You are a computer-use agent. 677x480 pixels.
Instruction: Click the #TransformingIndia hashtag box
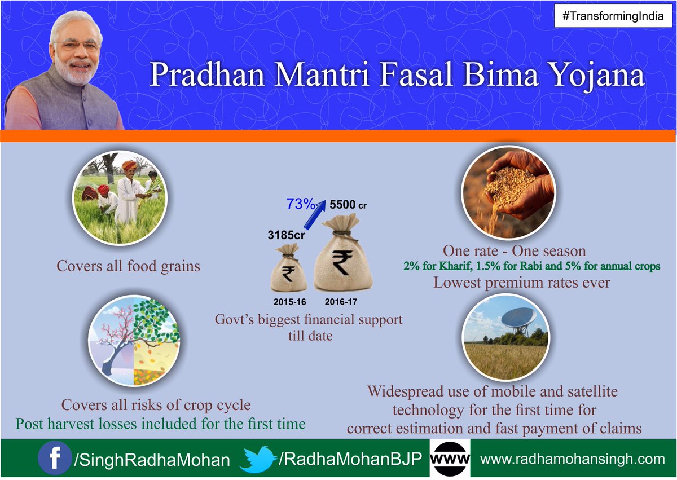point(613,16)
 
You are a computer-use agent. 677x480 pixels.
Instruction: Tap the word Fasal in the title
point(416,74)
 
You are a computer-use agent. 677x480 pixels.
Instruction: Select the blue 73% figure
point(300,204)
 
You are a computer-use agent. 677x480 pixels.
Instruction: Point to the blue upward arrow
point(315,214)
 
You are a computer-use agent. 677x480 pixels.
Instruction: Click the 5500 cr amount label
point(348,205)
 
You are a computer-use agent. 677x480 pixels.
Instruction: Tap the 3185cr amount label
point(286,235)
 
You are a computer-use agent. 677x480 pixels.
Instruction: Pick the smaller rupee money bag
point(289,268)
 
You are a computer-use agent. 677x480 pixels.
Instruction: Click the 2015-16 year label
point(289,302)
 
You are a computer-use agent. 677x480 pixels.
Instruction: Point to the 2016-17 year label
point(341,302)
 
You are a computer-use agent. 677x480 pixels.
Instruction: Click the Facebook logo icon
point(55,458)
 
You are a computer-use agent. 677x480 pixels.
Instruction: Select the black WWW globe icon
point(450,459)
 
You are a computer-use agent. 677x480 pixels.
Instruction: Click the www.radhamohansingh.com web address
point(573,459)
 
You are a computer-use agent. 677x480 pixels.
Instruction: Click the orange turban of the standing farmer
point(129,165)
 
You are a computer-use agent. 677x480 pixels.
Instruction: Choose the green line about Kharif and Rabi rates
point(531,266)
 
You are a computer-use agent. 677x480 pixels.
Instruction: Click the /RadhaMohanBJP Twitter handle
point(350,459)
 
